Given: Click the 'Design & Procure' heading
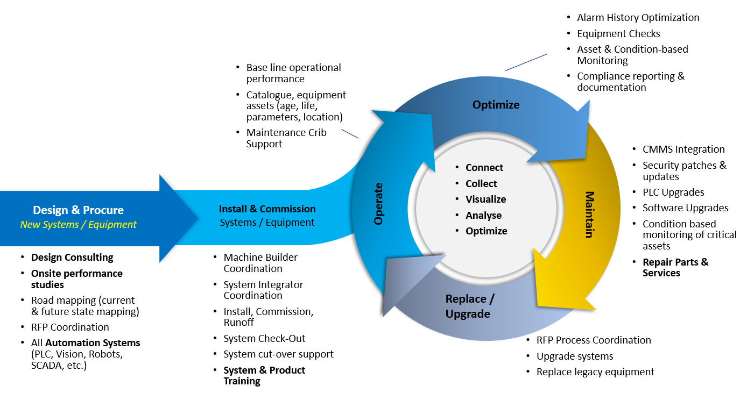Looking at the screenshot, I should [x=78, y=210].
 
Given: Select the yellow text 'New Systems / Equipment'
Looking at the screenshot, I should [x=78, y=225].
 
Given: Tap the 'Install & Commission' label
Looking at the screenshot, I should [x=267, y=209].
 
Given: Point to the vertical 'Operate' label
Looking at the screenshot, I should [x=379, y=204].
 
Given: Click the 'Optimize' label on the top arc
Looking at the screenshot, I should [x=496, y=105].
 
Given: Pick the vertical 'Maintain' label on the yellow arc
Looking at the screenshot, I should [x=589, y=214].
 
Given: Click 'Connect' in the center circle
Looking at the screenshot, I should [x=484, y=168].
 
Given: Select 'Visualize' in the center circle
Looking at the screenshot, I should [x=485, y=199].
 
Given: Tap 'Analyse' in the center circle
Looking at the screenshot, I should [x=483, y=216].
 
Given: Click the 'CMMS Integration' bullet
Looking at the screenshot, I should [x=683, y=149].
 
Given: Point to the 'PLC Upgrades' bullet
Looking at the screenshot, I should [x=673, y=192].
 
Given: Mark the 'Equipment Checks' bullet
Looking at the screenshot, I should [x=618, y=34].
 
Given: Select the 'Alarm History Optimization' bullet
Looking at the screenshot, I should [x=638, y=18].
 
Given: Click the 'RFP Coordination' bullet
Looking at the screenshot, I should [x=70, y=327].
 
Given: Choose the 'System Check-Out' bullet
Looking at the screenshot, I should [x=264, y=339].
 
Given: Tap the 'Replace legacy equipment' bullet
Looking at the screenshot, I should [x=595, y=372].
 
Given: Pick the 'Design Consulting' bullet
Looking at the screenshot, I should [x=72, y=258].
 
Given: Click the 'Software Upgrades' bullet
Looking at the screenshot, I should [x=685, y=208].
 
